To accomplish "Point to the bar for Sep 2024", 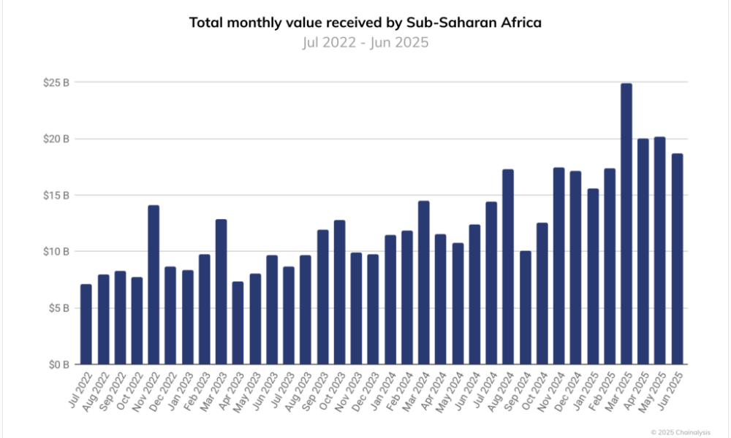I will click(525, 307).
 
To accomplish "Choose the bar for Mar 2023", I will click(221, 291).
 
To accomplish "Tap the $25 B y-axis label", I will click(56, 82).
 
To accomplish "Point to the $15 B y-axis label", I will click(56, 195).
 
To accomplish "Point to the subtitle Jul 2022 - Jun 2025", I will click(365, 42).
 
